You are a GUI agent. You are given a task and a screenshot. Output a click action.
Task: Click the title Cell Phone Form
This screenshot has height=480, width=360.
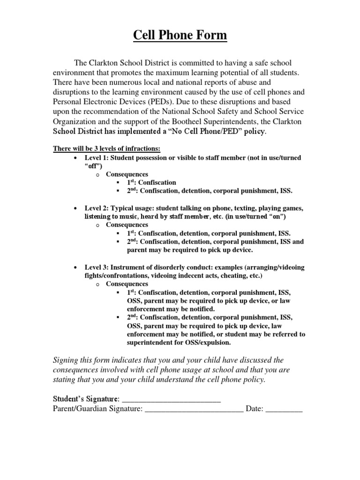coord(180,35)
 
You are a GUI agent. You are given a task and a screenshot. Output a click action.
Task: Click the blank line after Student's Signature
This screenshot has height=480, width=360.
coord(171,399)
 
